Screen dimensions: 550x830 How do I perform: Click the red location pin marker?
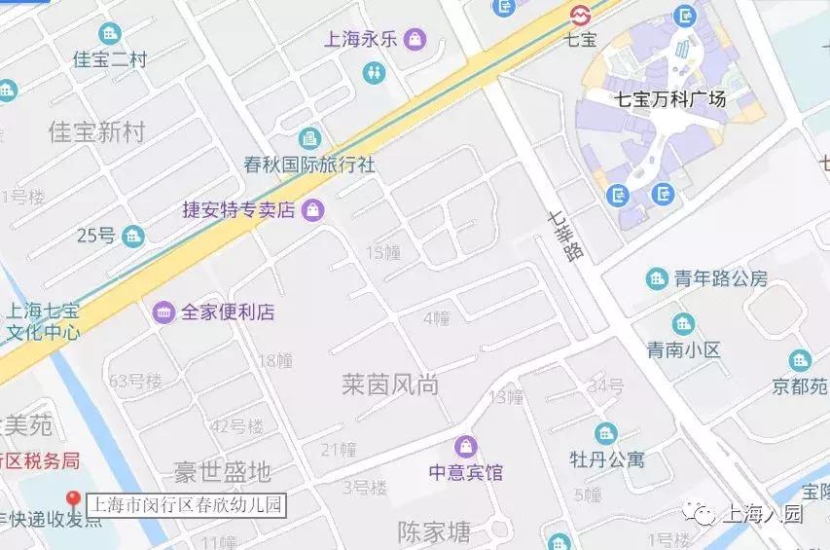click(72, 500)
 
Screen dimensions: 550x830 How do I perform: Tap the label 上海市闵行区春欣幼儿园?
click(186, 505)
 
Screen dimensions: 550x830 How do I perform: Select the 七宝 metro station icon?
click(581, 16)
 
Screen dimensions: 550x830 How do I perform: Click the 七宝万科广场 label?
click(670, 98)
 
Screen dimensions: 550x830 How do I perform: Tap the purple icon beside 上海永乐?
click(415, 40)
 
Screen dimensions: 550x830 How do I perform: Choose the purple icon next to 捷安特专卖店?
click(313, 208)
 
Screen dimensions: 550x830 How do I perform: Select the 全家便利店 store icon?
click(163, 312)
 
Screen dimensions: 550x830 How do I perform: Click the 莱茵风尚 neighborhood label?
click(389, 385)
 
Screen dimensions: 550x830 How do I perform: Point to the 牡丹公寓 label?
click(607, 458)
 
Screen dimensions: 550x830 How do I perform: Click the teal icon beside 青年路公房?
click(657, 279)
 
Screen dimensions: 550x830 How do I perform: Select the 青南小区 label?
click(684, 349)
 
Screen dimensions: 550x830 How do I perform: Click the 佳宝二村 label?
click(110, 60)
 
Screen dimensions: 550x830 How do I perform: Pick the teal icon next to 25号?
click(133, 236)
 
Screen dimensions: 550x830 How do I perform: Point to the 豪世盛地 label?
click(222, 473)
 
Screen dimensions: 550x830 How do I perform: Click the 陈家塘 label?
click(434, 532)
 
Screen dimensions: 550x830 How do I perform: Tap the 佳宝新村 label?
click(95, 132)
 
